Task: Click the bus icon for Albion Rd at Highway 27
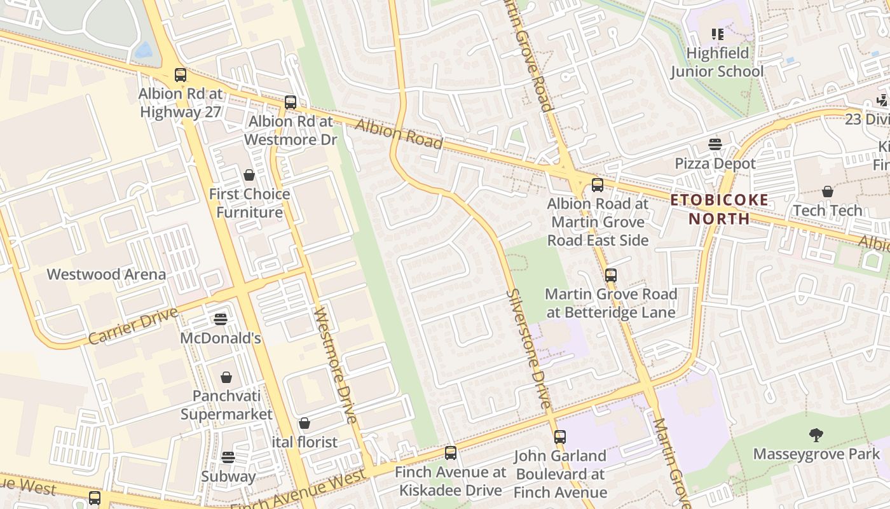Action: tap(181, 75)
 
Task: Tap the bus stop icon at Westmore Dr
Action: tap(291, 102)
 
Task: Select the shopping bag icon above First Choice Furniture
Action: tap(249, 175)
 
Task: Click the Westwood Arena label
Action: tap(106, 275)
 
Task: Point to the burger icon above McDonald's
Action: tap(221, 319)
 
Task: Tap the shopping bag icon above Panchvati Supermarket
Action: tap(226, 377)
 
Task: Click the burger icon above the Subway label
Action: tap(228, 457)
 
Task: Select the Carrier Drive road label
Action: tap(133, 326)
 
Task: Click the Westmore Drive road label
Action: tap(337, 366)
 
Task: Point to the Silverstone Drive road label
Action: tap(528, 349)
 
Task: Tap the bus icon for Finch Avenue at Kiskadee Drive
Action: tap(451, 453)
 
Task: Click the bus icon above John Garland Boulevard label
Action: tap(560, 437)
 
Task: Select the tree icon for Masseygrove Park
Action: tap(816, 435)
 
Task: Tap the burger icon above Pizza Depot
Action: tap(715, 144)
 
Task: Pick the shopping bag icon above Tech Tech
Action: tap(827, 192)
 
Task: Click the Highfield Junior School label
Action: tap(717, 62)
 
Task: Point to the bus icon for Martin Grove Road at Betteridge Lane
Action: tap(610, 275)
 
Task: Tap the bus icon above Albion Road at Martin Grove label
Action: tap(598, 185)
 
